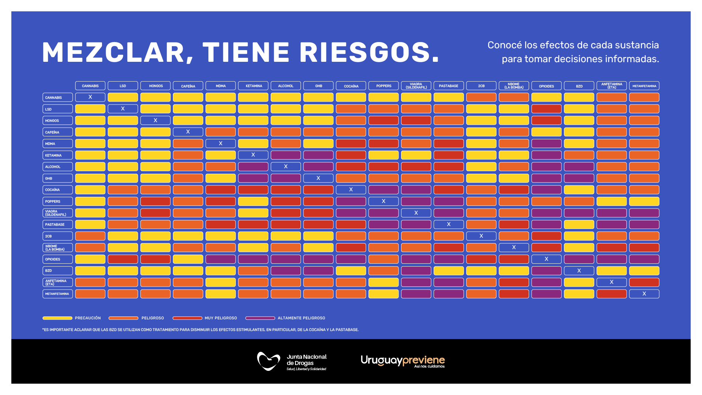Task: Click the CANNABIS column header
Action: (90, 86)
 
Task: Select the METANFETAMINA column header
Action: (644, 86)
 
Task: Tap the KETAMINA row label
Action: (57, 155)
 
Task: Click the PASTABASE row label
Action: (57, 224)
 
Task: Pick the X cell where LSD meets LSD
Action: (123, 109)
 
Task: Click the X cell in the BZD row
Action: (579, 271)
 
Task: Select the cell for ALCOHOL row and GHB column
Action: (318, 166)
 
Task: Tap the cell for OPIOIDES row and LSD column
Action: (123, 259)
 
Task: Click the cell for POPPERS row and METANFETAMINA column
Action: (644, 201)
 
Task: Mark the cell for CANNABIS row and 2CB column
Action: (481, 97)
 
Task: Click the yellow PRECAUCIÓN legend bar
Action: (57, 318)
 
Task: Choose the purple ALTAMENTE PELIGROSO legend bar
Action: (260, 318)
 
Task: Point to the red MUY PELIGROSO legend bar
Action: (187, 318)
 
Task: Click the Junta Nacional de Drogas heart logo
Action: (268, 361)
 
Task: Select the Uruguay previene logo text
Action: (403, 361)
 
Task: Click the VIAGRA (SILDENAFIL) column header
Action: (416, 86)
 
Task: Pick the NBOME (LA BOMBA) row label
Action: (57, 248)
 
